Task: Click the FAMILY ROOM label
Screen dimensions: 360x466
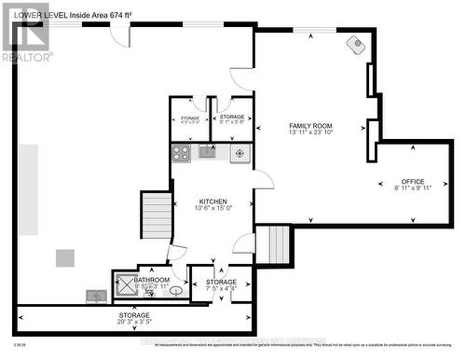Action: [x=310, y=126]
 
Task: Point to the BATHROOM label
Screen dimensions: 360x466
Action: [x=151, y=280]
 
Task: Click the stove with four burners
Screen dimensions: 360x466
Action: [x=181, y=153]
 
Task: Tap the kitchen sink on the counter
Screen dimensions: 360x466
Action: [x=207, y=152]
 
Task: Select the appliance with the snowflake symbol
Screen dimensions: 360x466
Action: [x=239, y=153]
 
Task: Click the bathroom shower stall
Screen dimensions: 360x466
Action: [x=124, y=286]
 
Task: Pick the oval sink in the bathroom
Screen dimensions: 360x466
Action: [x=174, y=290]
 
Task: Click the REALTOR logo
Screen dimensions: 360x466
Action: [x=25, y=32]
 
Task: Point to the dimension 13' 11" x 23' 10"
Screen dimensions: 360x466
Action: [x=310, y=133]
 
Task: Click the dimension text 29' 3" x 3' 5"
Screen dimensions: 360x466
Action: [x=134, y=324]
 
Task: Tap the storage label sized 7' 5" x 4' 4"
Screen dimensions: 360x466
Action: [x=221, y=289]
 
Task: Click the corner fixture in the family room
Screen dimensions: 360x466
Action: [x=356, y=44]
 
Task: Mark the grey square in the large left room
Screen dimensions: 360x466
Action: [x=64, y=258]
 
